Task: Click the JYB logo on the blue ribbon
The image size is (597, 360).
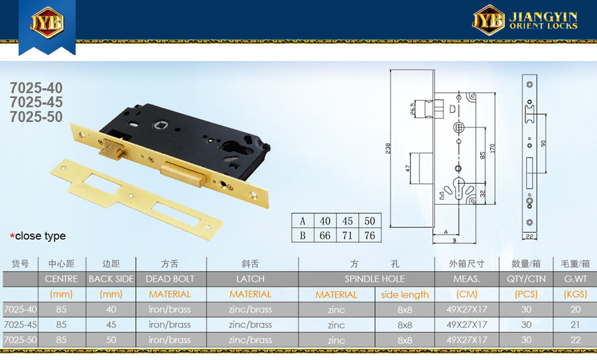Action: click(47, 22)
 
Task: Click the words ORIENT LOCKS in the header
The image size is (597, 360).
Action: click(543, 26)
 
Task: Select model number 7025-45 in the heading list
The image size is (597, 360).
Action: click(36, 102)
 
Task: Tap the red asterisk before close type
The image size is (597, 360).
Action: click(12, 236)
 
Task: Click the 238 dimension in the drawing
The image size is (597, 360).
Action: click(388, 148)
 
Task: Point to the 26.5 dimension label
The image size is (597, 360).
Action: click(413, 109)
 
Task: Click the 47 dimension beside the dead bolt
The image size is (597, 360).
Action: click(408, 168)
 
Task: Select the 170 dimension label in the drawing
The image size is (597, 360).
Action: click(493, 148)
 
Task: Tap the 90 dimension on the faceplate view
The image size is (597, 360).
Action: click(543, 143)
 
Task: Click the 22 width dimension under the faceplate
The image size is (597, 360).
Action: click(529, 236)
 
